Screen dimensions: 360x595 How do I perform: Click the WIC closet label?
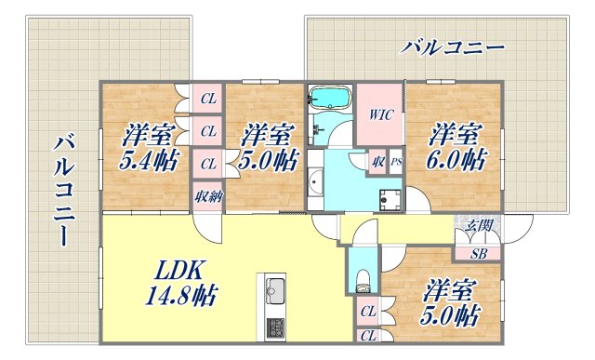pos(379,116)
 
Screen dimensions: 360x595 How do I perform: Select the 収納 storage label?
pos(207,196)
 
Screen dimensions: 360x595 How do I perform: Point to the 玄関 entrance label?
pos(479,224)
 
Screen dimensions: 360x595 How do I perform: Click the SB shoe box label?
pos(478,252)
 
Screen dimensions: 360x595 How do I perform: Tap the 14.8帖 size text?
pos(181,297)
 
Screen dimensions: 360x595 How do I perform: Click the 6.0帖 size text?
pos(456,159)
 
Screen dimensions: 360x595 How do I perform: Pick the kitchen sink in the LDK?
pos(277,288)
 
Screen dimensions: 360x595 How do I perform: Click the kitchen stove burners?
pos(277,328)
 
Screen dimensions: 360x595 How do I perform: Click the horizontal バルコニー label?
pos(454,46)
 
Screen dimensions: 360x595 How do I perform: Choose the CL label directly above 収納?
pos(208,164)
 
